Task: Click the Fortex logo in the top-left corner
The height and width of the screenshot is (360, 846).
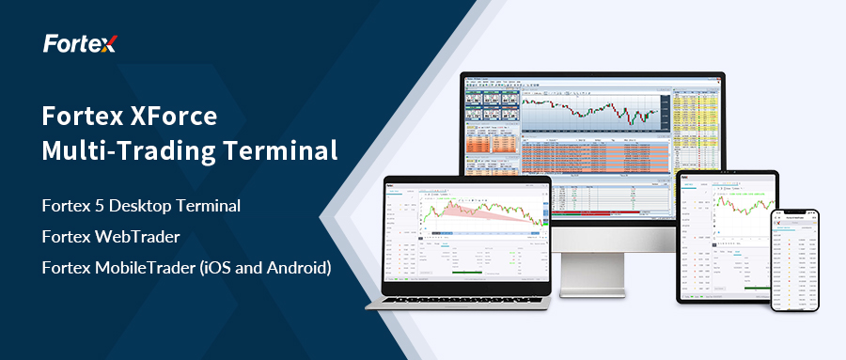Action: click(79, 44)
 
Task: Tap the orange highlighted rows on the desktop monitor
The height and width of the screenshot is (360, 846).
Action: click(492, 147)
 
